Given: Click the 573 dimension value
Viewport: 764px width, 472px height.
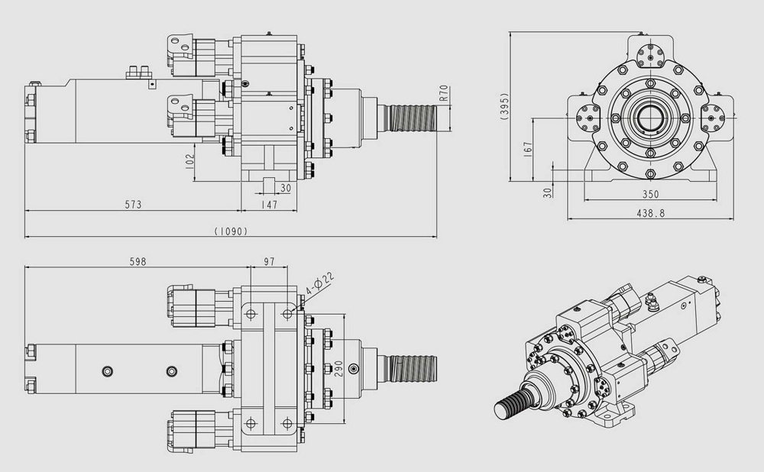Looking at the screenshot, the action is coord(133,205).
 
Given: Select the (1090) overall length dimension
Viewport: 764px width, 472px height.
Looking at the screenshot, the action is coord(231,231).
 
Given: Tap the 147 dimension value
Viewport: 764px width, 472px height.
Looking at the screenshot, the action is coord(269,205).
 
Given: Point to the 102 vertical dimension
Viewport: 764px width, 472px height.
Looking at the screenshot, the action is coord(190,162).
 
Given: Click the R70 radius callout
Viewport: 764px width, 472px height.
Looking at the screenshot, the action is coord(443,93).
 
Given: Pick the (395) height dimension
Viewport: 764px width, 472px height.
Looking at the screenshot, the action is coord(504,106).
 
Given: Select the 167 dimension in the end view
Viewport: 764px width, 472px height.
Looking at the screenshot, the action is coord(528,149).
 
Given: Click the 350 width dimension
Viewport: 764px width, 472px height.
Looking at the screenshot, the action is coord(650,194).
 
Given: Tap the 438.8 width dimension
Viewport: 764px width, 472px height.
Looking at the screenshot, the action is coord(650,213).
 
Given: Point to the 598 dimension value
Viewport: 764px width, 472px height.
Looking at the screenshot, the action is coord(138,261).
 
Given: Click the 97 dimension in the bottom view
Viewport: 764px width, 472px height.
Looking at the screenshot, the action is coord(269,261).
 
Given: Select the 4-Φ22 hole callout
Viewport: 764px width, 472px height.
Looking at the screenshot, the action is coord(319,283).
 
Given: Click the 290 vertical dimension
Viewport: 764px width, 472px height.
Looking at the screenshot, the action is coord(339,368).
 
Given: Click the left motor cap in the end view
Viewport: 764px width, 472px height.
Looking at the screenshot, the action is coord(588,118).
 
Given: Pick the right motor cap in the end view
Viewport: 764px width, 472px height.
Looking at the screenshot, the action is coord(713,118).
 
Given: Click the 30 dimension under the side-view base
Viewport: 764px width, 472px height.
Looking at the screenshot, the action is coord(286,188).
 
